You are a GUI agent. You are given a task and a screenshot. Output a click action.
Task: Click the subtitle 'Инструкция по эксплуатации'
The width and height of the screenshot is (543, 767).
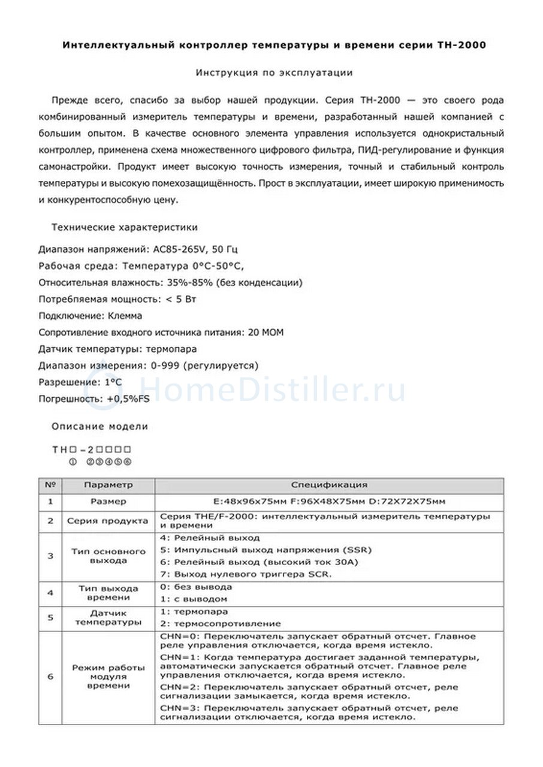coord(274,73)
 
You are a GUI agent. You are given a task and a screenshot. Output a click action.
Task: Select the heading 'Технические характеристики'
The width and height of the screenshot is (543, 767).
coord(125,228)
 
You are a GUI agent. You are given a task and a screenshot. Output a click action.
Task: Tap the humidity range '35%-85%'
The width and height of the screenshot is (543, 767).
coord(185,282)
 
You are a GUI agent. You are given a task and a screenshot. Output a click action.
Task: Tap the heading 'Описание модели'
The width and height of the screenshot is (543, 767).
coord(99,427)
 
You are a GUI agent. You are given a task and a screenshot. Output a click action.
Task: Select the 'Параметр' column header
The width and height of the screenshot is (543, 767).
coord(108,485)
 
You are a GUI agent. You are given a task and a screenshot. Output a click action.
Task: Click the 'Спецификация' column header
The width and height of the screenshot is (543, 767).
coord(329,485)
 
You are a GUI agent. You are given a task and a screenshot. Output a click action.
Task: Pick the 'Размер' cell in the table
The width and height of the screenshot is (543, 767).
coord(108,502)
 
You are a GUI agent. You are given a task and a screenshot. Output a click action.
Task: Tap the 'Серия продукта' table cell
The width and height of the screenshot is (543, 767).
coord(108,521)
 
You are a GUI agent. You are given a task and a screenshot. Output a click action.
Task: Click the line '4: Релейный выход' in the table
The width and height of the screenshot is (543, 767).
coord(210,538)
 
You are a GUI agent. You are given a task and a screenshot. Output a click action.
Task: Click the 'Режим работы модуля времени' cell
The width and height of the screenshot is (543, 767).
coord(108,677)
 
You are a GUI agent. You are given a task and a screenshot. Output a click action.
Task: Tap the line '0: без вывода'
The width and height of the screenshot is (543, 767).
coord(196,587)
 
